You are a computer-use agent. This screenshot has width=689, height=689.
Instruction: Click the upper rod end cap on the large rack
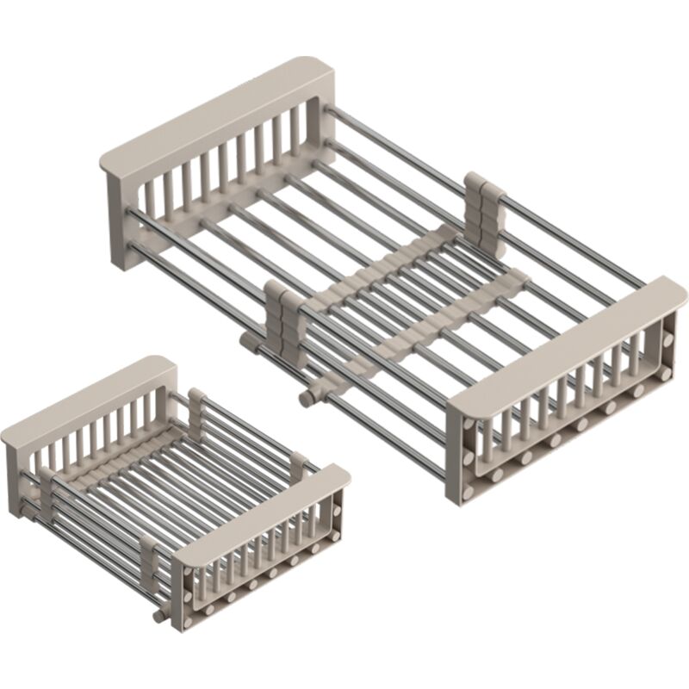click(x=247, y=343)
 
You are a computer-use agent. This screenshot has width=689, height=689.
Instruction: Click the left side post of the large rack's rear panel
click(x=116, y=215)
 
